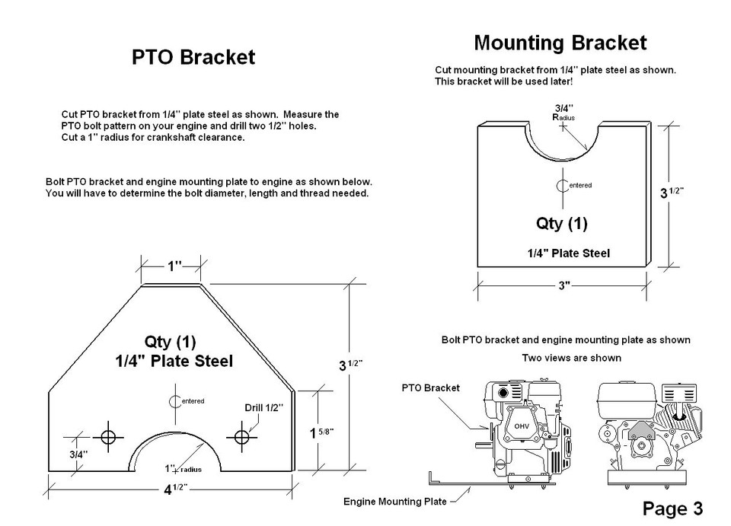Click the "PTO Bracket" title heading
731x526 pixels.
pos(193,57)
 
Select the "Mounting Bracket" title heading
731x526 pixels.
pos(560,43)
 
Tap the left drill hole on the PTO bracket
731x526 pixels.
pos(108,437)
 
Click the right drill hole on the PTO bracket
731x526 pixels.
pos(241,437)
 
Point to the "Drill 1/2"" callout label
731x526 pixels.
pos(264,408)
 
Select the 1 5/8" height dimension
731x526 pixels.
pos(321,433)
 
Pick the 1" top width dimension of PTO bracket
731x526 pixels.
pos(174,266)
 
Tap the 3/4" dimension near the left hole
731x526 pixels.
pos(78,454)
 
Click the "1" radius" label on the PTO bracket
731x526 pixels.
pos(184,469)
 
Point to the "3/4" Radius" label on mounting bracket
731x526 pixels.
pos(563,113)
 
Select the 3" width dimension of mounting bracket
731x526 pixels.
pos(564,285)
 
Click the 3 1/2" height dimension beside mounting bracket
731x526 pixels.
pos(672,193)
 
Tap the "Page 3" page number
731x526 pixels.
pos(672,508)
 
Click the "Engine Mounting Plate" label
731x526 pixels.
pos(395,502)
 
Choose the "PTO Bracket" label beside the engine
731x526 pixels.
pos(430,387)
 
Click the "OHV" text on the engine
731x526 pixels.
pos(522,426)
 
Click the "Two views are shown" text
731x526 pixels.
pos(572,358)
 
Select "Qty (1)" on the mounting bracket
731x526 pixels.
pos(562,223)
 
